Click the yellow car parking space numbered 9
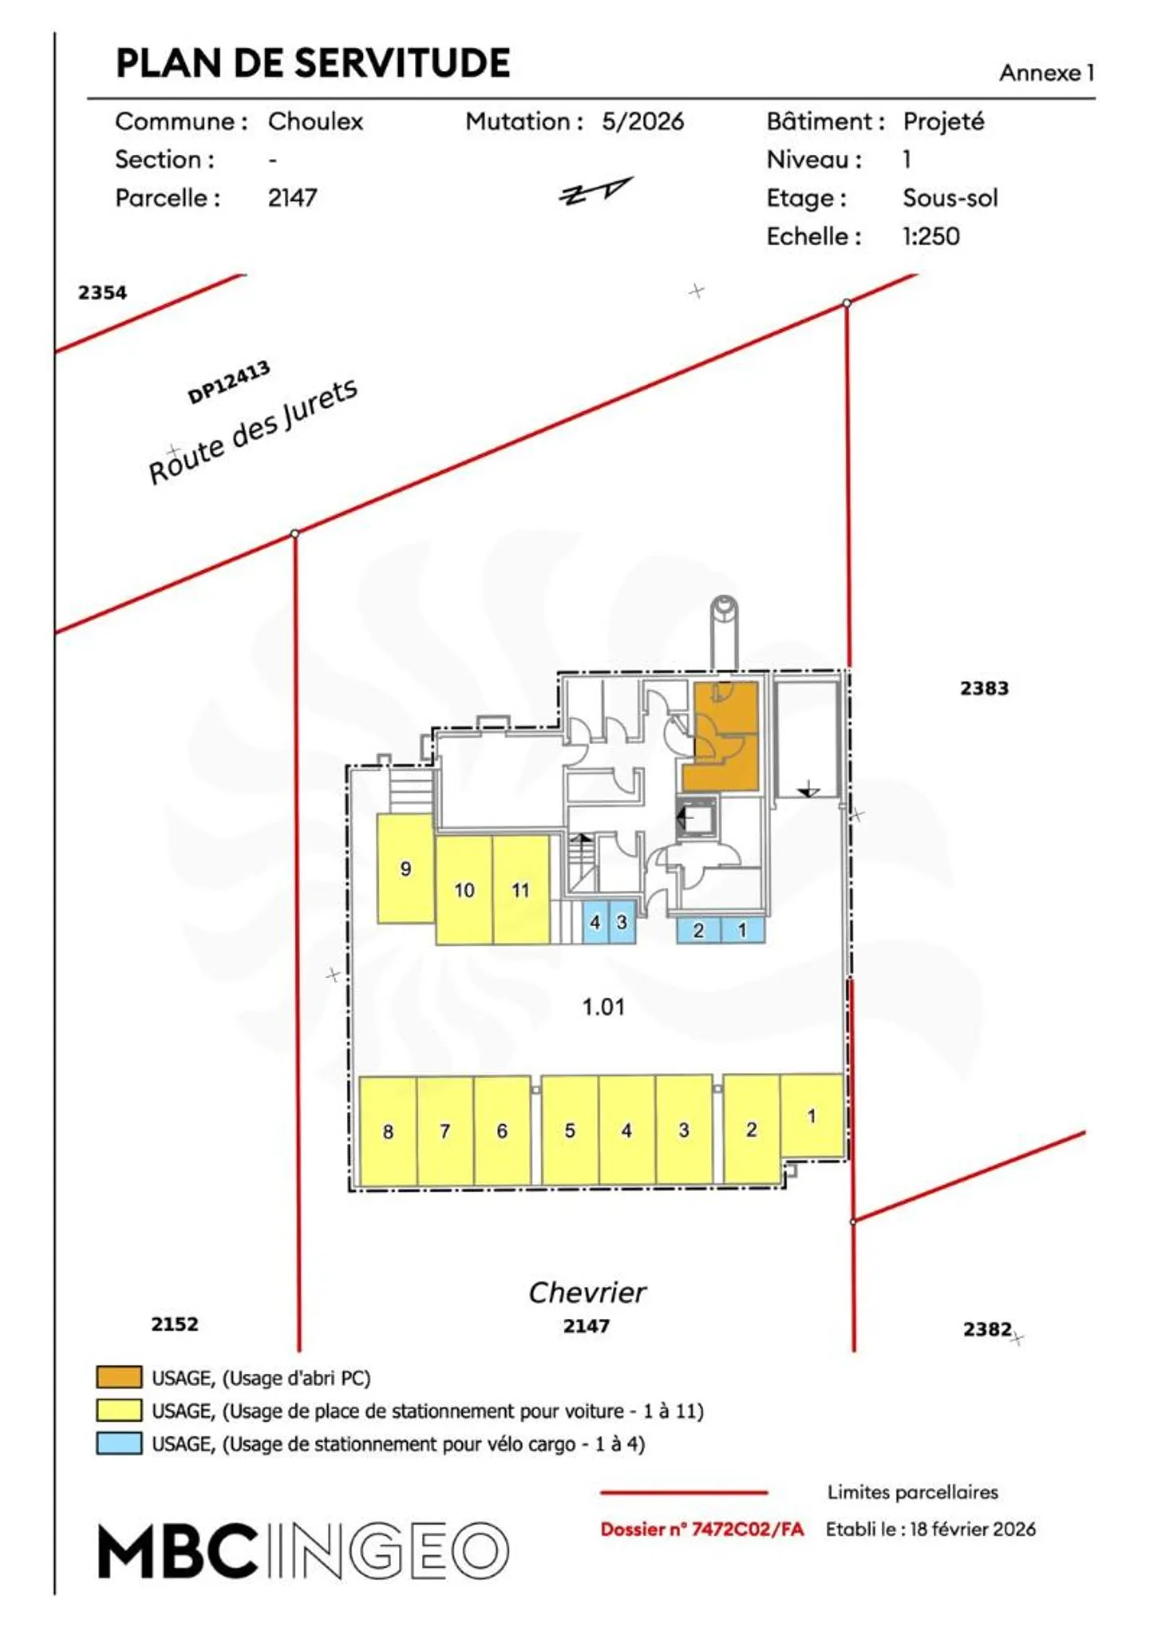point(405,868)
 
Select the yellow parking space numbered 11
point(521,889)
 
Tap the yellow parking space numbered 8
point(388,1130)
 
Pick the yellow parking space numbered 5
point(570,1130)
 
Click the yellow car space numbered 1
point(811,1115)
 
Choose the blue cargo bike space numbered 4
point(595,922)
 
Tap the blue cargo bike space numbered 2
point(698,930)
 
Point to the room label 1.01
point(603,1007)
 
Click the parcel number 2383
point(984,688)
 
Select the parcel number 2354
point(102,292)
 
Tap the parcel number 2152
point(175,1324)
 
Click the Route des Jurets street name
point(253,431)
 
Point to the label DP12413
point(229,382)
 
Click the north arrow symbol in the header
point(596,192)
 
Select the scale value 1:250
point(931,236)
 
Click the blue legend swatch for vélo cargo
point(120,1443)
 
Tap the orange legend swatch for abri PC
point(120,1378)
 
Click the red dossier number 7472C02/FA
point(702,1529)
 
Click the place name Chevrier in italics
point(587,1292)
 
